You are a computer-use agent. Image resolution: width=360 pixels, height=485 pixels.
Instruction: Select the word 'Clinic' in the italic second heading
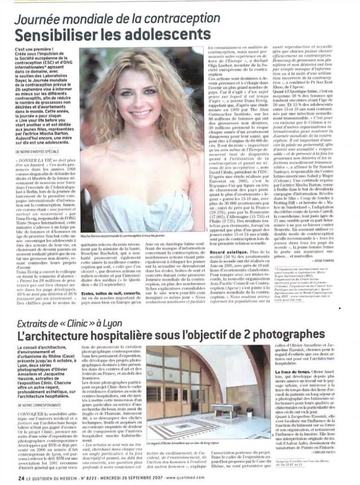[72, 324]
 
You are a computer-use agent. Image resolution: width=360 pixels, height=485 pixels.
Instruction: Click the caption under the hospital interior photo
[183, 443]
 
